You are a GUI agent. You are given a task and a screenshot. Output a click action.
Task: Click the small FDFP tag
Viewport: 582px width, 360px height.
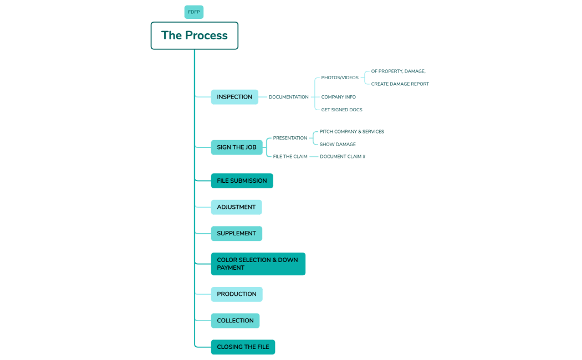[x=194, y=12]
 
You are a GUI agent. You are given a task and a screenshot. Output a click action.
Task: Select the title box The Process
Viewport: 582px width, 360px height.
[x=195, y=35]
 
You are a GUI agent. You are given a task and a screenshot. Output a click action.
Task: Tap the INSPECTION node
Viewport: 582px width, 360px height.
[x=234, y=97]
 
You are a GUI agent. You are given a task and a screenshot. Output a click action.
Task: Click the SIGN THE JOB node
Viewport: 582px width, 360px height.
[x=237, y=147]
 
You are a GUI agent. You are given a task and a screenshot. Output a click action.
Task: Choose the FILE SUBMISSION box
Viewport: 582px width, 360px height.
[x=242, y=181]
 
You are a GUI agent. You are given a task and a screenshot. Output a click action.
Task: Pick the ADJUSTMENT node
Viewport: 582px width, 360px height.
[x=236, y=207]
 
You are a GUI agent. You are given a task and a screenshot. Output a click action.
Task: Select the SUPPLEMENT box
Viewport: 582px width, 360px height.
[x=236, y=233]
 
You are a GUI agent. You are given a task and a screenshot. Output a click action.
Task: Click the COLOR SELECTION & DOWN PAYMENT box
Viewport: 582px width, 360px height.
[x=258, y=264]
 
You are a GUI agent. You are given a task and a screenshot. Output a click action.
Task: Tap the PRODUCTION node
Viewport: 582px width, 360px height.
[x=237, y=294]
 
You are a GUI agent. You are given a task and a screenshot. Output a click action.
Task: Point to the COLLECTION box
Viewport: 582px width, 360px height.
[x=235, y=321]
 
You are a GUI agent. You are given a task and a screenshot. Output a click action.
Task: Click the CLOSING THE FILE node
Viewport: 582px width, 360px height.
[x=243, y=347]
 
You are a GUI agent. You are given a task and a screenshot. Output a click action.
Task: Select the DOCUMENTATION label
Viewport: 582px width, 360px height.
[x=288, y=97]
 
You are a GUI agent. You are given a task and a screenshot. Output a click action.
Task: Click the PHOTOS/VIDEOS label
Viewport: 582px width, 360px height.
[x=340, y=78]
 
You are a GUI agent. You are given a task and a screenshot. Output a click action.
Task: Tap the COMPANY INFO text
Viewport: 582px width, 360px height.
[x=339, y=97]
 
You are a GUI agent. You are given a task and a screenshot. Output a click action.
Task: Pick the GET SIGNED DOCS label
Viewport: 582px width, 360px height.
[x=341, y=110]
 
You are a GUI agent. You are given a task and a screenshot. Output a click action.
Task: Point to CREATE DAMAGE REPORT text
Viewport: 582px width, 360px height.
[x=400, y=84]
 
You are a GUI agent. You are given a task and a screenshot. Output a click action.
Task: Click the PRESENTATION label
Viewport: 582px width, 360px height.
[x=290, y=138]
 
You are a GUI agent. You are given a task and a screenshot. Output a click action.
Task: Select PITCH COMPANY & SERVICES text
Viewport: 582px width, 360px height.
[x=351, y=132]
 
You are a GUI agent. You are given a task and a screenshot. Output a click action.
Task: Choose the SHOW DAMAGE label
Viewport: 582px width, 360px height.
[x=338, y=145]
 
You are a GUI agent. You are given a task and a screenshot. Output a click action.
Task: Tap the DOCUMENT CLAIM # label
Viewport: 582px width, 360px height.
[x=343, y=157]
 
